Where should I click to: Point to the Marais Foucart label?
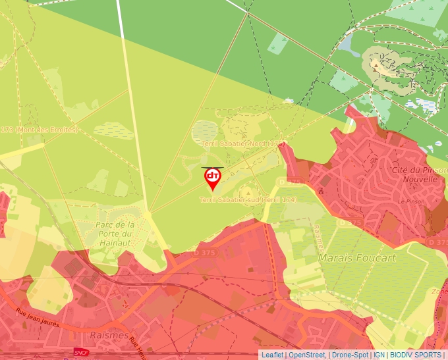click(357, 258)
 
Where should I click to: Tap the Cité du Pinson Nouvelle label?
click(414, 174)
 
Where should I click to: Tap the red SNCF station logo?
click(81, 353)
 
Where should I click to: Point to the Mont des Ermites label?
click(42, 130)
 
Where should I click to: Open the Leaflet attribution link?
click(272, 355)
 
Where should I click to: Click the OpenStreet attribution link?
click(306, 355)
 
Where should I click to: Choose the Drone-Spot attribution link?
click(350, 355)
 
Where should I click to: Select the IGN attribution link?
click(379, 355)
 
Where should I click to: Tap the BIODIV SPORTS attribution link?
click(416, 355)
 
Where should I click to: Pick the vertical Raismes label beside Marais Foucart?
click(318, 238)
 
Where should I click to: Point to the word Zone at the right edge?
click(439, 292)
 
